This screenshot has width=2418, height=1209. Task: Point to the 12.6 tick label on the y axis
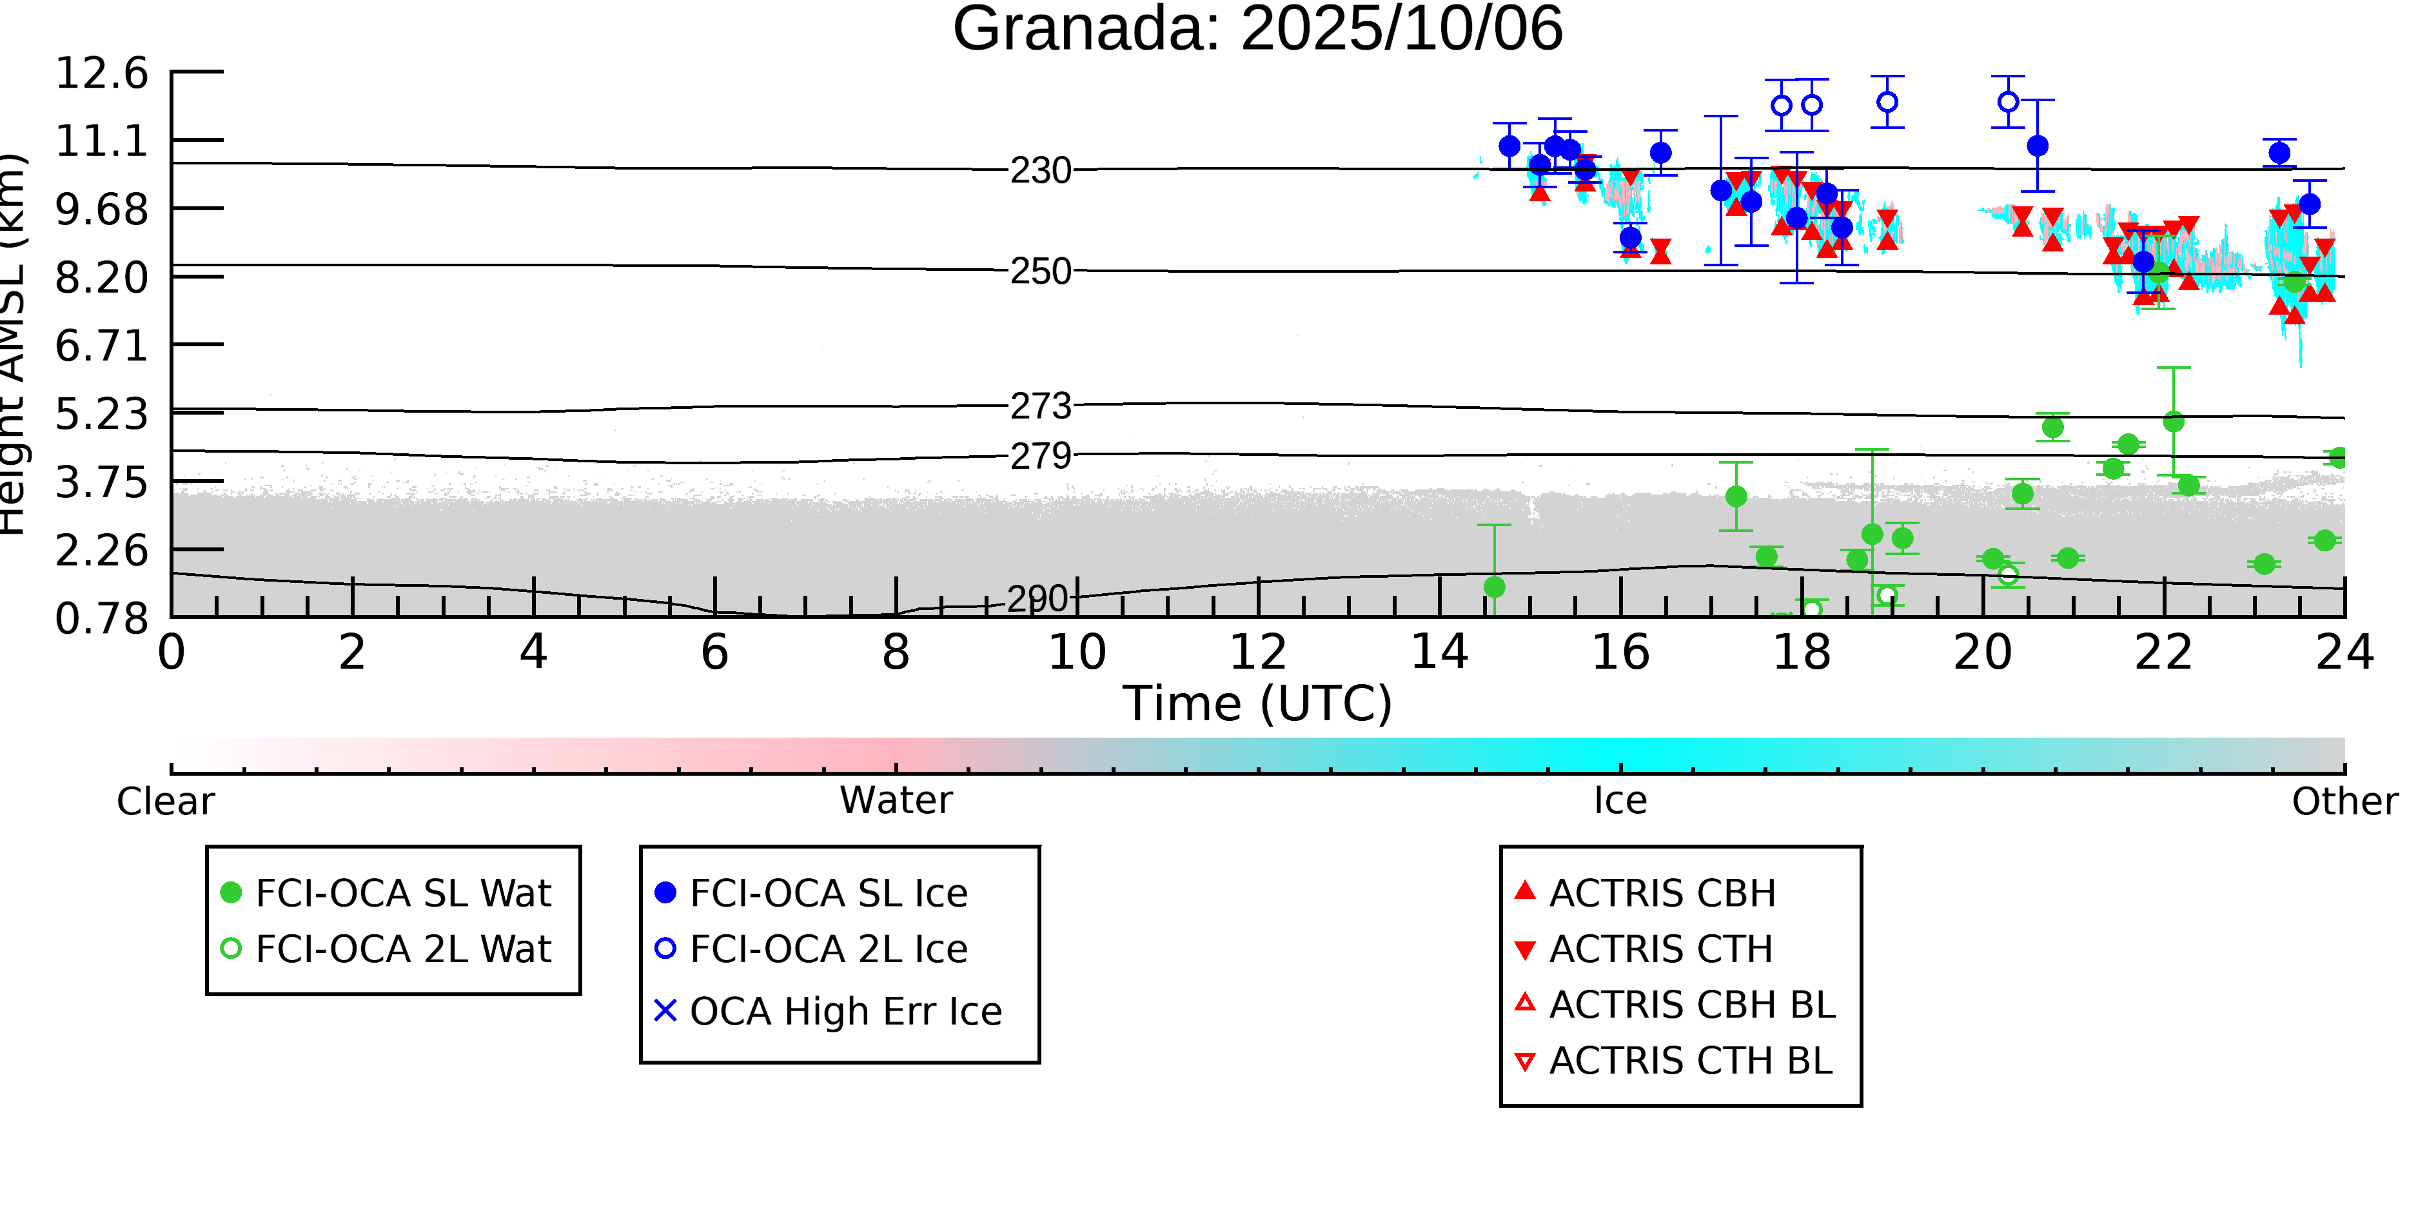click(x=101, y=74)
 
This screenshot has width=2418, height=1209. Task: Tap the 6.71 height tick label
click(x=101, y=346)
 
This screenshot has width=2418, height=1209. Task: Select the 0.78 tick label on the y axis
click(x=101, y=618)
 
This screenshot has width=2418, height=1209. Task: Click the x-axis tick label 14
click(x=1439, y=653)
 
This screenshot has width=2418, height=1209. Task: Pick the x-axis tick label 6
click(x=714, y=653)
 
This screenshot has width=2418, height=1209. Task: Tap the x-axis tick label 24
click(x=2344, y=653)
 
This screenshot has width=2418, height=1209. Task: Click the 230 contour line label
click(x=1040, y=171)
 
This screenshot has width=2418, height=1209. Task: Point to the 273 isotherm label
click(x=1040, y=406)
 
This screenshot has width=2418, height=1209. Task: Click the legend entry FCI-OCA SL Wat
click(x=403, y=892)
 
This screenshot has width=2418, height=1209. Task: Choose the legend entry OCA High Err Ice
click(x=845, y=1011)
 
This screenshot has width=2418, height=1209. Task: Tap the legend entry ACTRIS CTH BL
click(x=1689, y=1061)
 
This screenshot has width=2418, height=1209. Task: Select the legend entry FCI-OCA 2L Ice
click(x=828, y=949)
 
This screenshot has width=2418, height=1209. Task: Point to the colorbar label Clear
click(x=165, y=801)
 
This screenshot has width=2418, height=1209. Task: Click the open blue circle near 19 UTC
click(x=1887, y=101)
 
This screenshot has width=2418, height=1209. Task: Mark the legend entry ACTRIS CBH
click(x=1662, y=892)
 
